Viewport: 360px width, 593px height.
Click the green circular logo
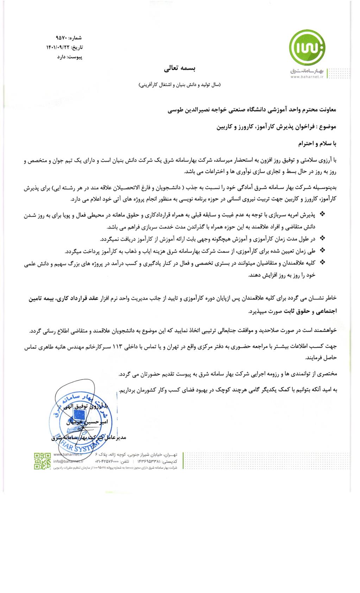tap(307, 48)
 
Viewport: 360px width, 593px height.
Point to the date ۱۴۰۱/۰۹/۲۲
tap(58, 47)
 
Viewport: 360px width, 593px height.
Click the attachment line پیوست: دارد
tap(70, 57)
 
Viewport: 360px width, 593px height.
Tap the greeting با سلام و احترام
tap(317, 144)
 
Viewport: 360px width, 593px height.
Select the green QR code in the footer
tap(42, 461)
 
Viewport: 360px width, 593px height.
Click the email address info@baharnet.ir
tap(68, 461)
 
